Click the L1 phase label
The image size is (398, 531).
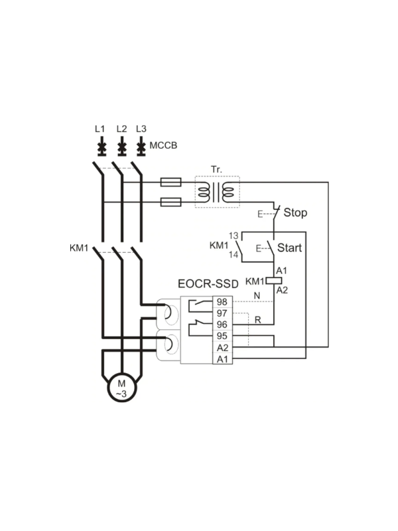[x=100, y=129]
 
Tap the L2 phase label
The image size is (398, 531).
[x=121, y=129]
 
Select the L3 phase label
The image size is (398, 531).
[x=141, y=129]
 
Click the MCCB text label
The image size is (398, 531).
[x=163, y=145]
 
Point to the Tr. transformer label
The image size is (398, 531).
[x=217, y=169]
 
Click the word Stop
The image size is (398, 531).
[x=295, y=212]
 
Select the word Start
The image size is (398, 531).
[x=289, y=248]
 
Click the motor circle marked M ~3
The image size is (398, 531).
[x=122, y=388]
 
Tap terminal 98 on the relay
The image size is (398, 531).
[x=222, y=302]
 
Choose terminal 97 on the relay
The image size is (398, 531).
[x=222, y=313]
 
